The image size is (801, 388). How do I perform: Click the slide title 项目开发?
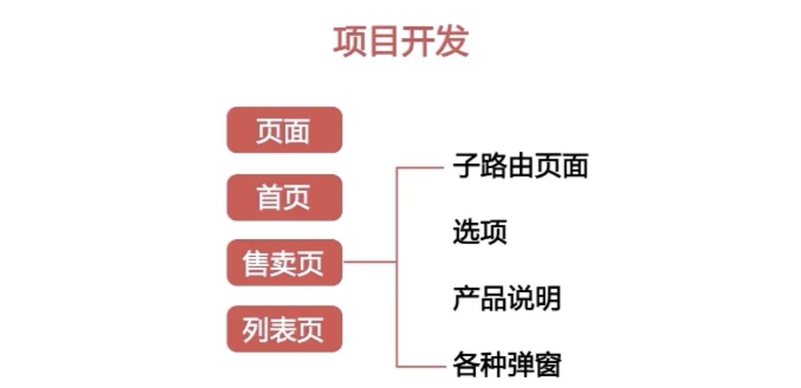tap(400, 41)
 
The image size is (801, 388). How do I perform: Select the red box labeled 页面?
tap(284, 130)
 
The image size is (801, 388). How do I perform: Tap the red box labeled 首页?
tap(284, 197)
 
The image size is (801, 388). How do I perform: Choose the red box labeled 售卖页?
tap(284, 263)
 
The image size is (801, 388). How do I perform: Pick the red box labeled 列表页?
tap(284, 329)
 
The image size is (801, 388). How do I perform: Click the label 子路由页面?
tap(520, 166)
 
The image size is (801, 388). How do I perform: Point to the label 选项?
tap(480, 232)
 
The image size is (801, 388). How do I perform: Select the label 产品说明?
tap(506, 298)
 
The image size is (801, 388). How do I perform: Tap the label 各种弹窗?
tap(506, 365)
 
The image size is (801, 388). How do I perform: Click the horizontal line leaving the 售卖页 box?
tap(369, 261)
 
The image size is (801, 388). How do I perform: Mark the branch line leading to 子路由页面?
tap(420, 168)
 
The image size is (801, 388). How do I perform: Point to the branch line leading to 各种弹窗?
tap(420, 367)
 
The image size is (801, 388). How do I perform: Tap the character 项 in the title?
tap(349, 41)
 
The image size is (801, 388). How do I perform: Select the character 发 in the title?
tap(452, 41)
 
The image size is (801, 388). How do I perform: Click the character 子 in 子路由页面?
tap(466, 166)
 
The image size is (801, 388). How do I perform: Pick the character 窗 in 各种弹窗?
tap(547, 365)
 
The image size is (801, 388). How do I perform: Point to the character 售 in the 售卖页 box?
tap(256, 263)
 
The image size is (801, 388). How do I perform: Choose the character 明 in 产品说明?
tap(547, 298)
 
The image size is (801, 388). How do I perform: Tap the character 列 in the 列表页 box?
tap(256, 330)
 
